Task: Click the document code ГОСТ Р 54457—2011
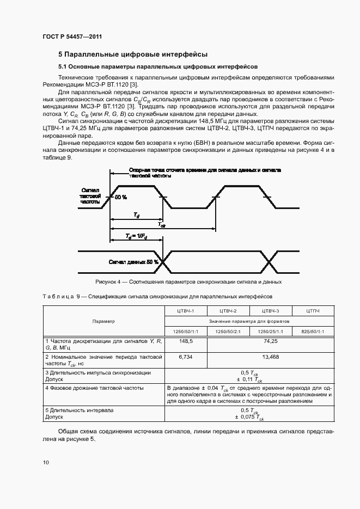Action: [x=72, y=37]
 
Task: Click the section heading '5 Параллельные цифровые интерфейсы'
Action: [x=133, y=54]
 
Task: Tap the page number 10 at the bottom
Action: [x=45, y=462]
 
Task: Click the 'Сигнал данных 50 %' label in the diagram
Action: [x=133, y=262]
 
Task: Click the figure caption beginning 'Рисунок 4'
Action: [x=188, y=282]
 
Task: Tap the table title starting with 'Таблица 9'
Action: [x=157, y=297]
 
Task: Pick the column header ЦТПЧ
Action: [x=313, y=311]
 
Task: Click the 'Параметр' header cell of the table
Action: [x=103, y=321]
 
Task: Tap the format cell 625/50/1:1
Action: [x=313, y=332]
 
